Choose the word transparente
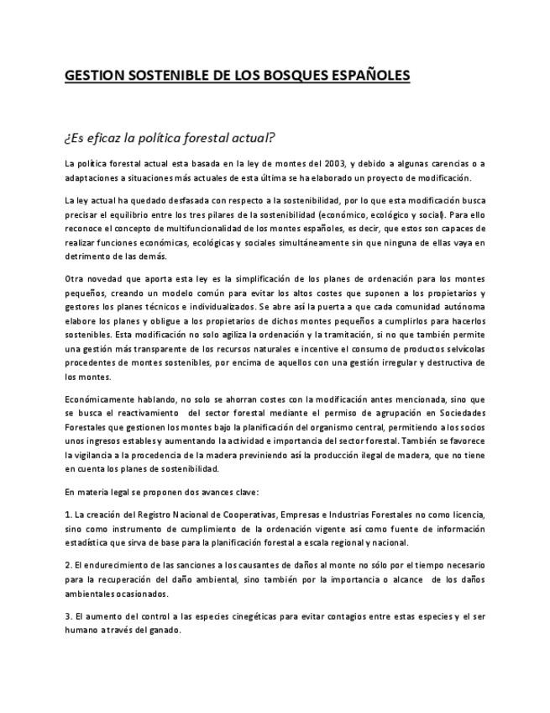point(149,348)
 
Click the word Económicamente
point(97,399)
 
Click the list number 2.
point(67,565)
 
